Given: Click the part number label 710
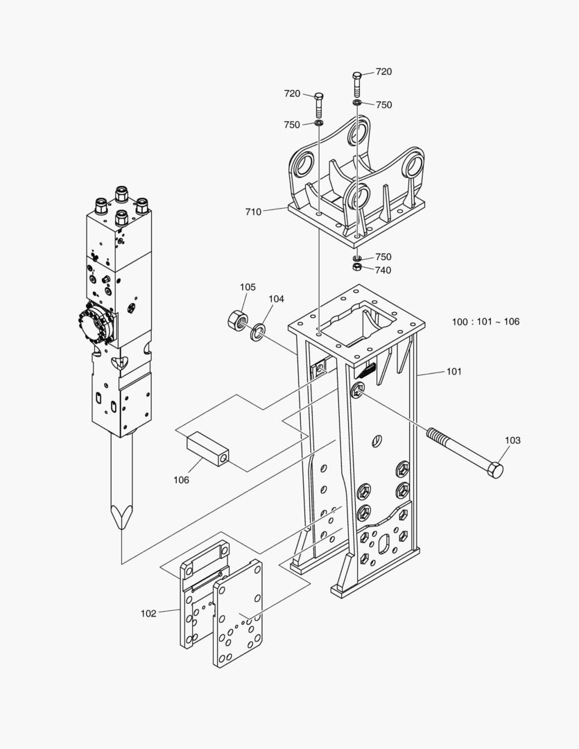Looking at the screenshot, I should click(x=253, y=212).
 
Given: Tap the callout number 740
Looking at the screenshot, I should click(x=383, y=270).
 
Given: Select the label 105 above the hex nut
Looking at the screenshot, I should click(x=248, y=287).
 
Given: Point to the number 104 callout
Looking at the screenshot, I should click(x=277, y=299).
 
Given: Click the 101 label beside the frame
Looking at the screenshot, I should click(x=453, y=372).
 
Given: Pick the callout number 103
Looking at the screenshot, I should click(x=512, y=440).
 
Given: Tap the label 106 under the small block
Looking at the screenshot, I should click(x=181, y=479).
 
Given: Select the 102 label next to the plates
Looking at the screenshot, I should click(x=148, y=613).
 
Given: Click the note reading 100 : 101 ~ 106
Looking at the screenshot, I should click(x=485, y=322).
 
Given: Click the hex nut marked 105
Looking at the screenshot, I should click(x=237, y=320).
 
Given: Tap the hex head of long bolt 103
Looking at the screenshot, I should click(x=495, y=470).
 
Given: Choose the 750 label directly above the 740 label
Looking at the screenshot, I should click(x=383, y=257).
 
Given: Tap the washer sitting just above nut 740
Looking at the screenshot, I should click(x=356, y=258).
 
